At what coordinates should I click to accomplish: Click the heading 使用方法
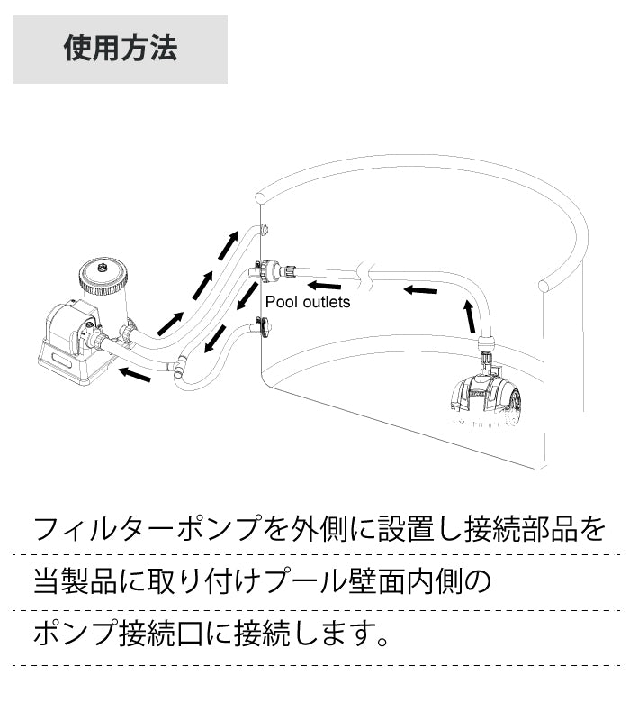(120, 48)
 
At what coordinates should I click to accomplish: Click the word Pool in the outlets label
(280, 303)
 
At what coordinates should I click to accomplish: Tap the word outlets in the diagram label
(324, 303)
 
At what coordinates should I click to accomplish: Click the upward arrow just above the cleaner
(468, 315)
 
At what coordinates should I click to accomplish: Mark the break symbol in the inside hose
(363, 270)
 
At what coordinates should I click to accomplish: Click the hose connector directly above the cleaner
(486, 348)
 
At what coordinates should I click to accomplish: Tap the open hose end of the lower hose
(179, 368)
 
